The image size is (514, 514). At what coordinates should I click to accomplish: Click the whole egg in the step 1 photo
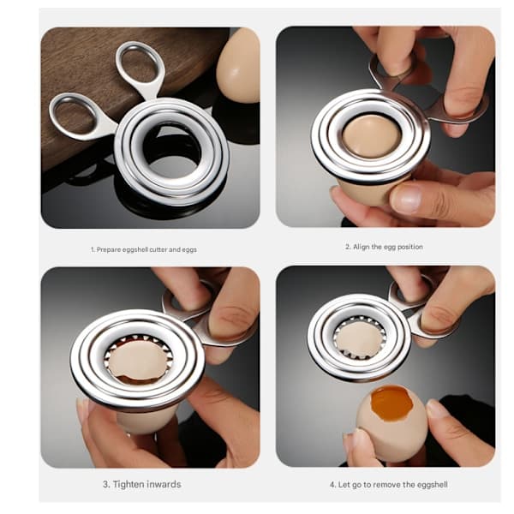[239, 65]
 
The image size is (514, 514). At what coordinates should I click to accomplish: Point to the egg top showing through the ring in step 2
[372, 137]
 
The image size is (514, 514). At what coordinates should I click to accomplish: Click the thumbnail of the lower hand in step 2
[406, 198]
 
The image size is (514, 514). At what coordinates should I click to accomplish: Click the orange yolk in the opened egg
[391, 403]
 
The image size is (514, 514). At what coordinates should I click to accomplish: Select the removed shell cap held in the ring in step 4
[359, 340]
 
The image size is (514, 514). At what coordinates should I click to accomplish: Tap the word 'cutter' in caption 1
[158, 249]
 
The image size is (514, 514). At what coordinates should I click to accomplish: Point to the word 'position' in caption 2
[410, 247]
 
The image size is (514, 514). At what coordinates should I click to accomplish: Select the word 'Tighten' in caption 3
[128, 484]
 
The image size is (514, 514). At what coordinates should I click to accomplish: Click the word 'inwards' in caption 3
[164, 484]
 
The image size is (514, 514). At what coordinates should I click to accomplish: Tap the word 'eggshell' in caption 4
[433, 485]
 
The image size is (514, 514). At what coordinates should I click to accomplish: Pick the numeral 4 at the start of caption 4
[332, 485]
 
